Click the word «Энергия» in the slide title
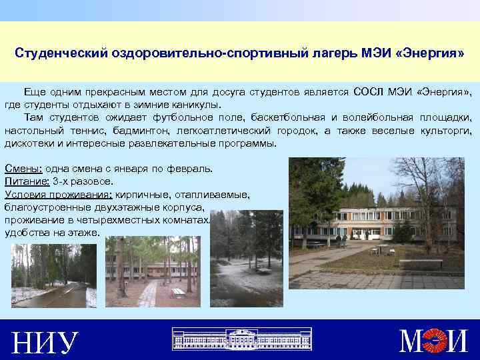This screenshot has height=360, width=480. tap(429, 53)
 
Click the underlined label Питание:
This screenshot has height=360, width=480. tap(25, 181)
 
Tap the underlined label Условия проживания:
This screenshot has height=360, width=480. tap(58, 195)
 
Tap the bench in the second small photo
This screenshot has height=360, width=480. tap(178, 291)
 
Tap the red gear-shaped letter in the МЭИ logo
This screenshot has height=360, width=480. tap(437, 340)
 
